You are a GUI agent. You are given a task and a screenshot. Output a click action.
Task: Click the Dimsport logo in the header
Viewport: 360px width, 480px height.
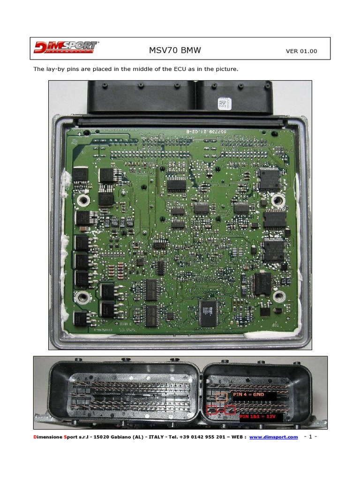[x=66, y=48]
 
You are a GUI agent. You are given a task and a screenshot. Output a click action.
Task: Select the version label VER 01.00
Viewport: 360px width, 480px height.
[x=301, y=51]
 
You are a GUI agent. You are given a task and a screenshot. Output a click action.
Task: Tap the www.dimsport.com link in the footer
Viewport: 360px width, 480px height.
[x=273, y=437]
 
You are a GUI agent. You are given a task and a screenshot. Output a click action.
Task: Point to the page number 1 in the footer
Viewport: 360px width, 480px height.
[x=311, y=437]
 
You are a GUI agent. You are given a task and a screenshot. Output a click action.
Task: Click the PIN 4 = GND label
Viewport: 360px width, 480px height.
[x=248, y=395]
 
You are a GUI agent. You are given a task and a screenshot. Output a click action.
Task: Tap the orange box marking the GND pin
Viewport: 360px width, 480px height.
[x=221, y=397]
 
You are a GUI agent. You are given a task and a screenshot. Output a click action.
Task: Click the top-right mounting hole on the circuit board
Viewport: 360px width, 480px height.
[x=278, y=200]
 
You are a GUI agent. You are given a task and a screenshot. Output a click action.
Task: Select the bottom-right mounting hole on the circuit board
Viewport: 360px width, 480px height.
[x=279, y=296]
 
